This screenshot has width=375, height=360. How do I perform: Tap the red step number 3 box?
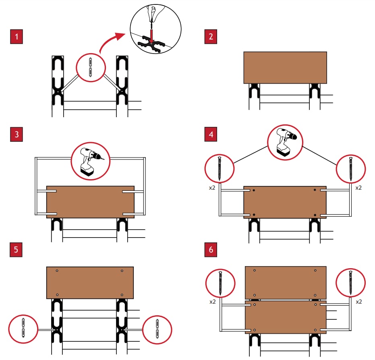point(17,134)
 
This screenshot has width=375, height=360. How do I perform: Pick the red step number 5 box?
point(17,249)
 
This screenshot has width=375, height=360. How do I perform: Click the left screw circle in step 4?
point(220,169)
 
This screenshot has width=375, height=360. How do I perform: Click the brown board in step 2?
point(285,67)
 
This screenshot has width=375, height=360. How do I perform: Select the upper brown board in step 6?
point(286,282)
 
